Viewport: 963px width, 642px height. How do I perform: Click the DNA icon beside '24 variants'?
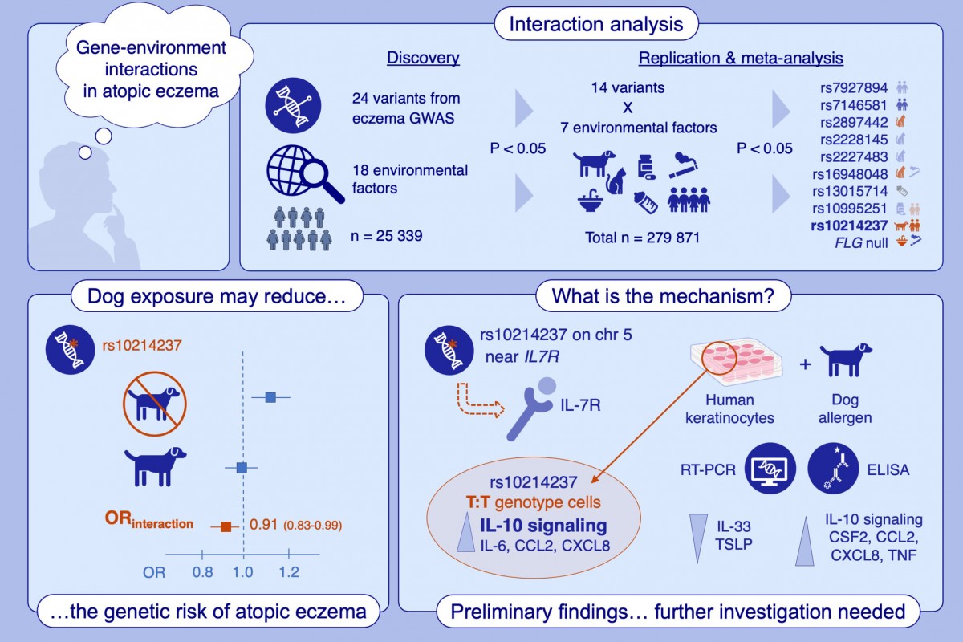point(293,107)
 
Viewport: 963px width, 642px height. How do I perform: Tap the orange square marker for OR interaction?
point(226,526)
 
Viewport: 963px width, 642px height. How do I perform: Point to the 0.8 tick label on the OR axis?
point(202,572)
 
